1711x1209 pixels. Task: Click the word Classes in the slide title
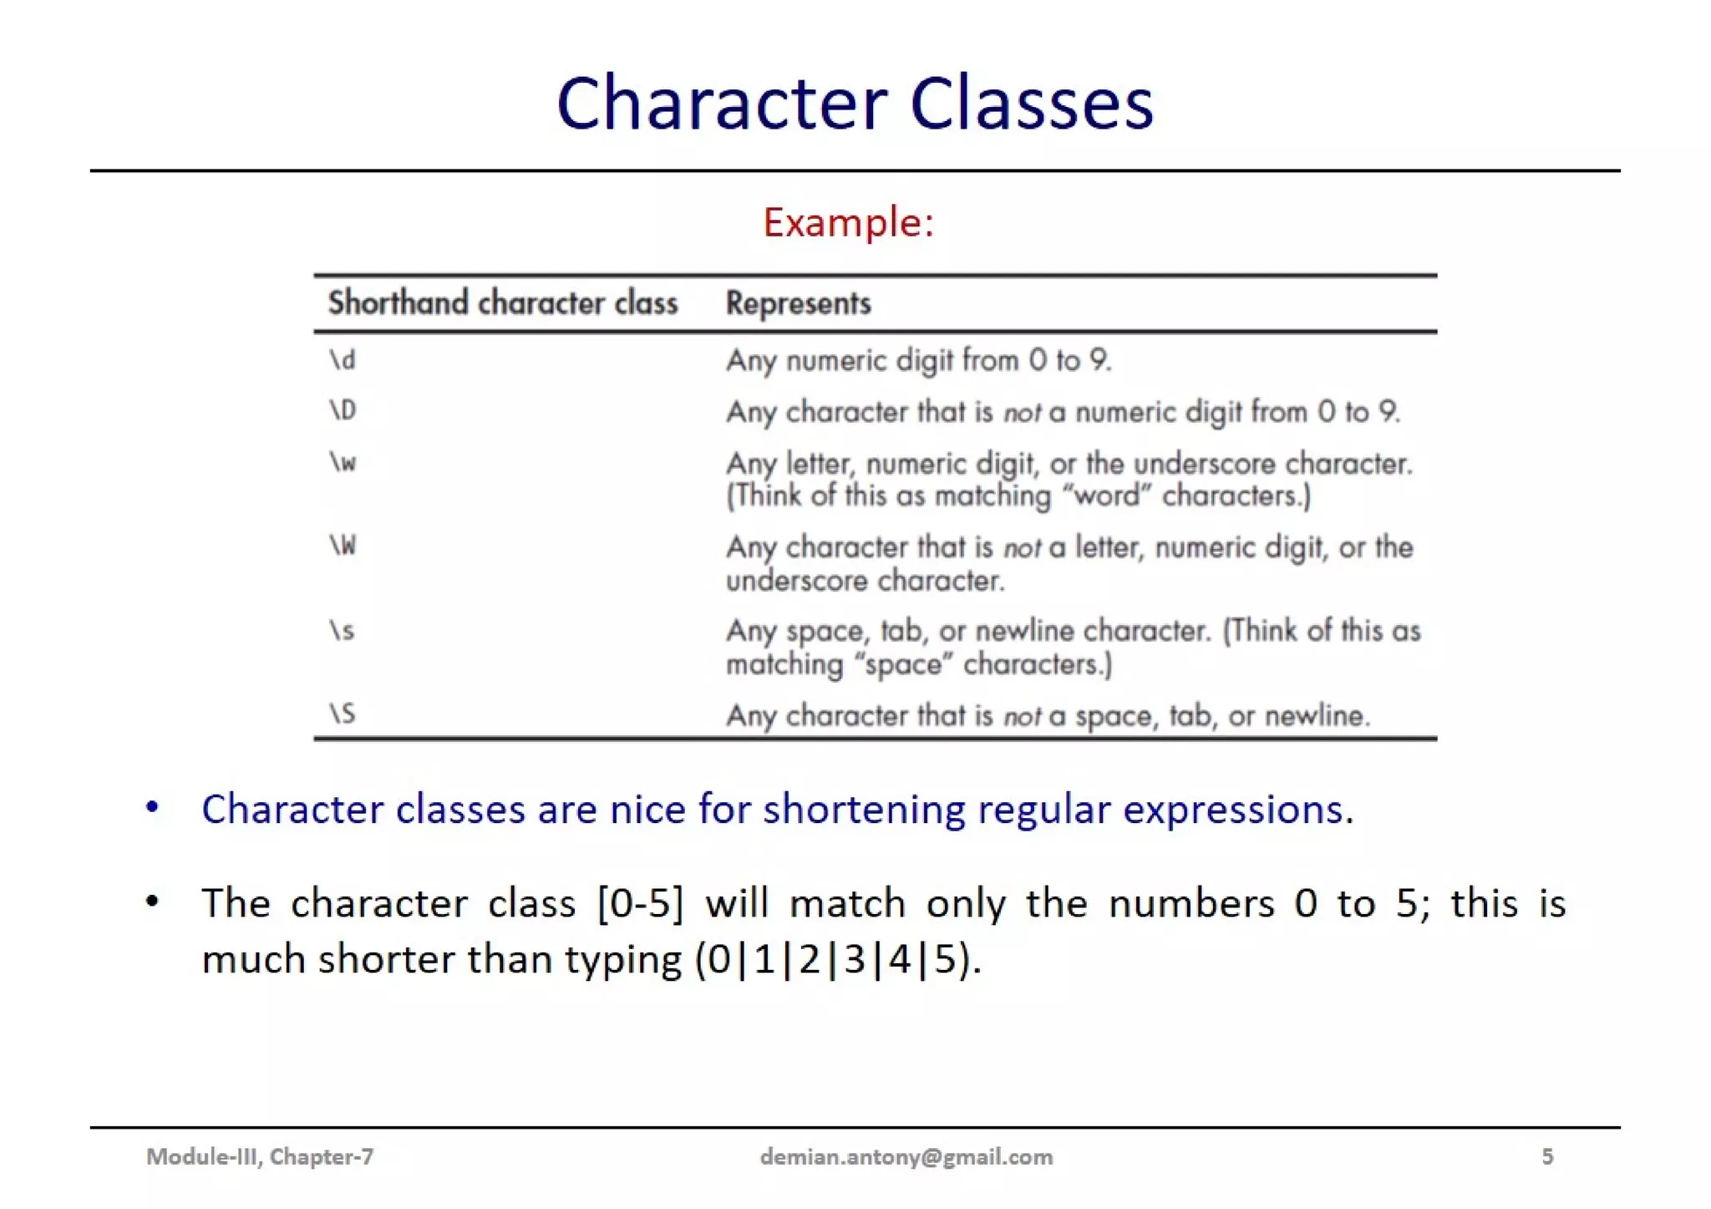(x=1031, y=104)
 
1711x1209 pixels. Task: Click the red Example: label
(x=848, y=223)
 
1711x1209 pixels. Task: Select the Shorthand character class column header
(x=502, y=303)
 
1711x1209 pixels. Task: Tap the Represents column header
(x=798, y=303)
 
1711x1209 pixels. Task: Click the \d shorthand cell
(x=343, y=360)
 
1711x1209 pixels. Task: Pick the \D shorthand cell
(x=343, y=410)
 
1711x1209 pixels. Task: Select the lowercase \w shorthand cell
(x=343, y=462)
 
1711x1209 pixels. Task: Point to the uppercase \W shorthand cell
(x=343, y=546)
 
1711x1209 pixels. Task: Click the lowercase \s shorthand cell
(x=342, y=630)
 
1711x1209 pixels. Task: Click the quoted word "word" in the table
(x=1107, y=496)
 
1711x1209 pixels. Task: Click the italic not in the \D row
(x=1021, y=413)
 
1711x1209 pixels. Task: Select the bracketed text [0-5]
(x=641, y=903)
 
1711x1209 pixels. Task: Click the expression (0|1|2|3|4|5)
(x=836, y=959)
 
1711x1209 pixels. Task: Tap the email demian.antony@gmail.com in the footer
(x=906, y=1157)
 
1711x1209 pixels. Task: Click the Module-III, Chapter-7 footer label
(x=260, y=1157)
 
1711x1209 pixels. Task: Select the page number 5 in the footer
(x=1547, y=1157)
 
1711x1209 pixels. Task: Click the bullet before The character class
(x=152, y=902)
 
